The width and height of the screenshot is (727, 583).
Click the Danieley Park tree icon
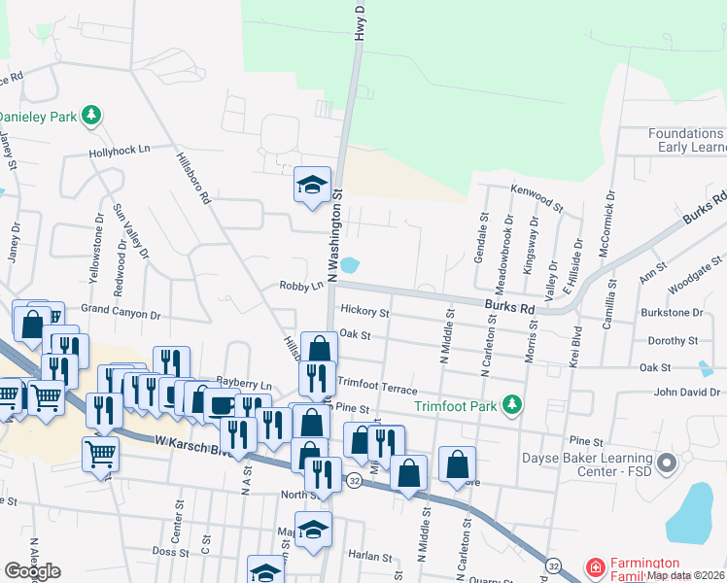pyautogui.click(x=92, y=117)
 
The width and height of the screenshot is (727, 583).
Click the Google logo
pyautogui.click(x=32, y=571)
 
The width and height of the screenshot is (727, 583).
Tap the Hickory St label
pyautogui.click(x=364, y=313)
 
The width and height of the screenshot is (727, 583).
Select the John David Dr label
pyautogui.click(x=687, y=393)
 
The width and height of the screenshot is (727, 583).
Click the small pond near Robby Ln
pyautogui.click(x=351, y=264)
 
